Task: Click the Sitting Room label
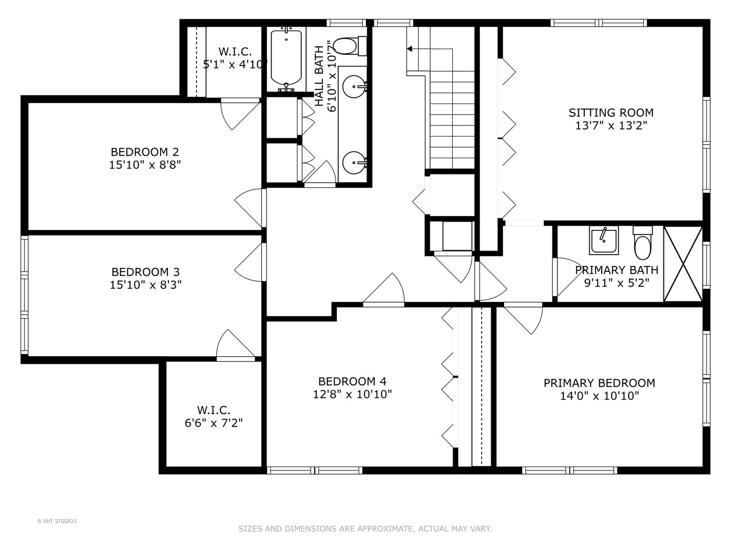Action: click(x=611, y=113)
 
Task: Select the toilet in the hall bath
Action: click(x=347, y=46)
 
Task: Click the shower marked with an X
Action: click(x=683, y=264)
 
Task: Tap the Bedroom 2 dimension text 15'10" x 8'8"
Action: click(x=145, y=165)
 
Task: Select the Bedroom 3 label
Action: click(x=145, y=272)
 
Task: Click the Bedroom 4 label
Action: click(x=352, y=382)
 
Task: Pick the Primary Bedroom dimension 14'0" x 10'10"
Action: click(x=599, y=396)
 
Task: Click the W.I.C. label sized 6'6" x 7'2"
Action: click(x=214, y=410)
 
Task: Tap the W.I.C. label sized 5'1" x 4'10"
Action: click(x=235, y=52)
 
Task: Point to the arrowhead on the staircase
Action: click(x=409, y=49)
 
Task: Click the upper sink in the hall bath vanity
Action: click(x=353, y=87)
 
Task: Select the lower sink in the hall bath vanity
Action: click(x=353, y=163)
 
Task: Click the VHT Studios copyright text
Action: click(x=57, y=521)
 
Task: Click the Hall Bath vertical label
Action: click(x=319, y=76)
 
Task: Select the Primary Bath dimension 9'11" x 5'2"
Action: click(x=617, y=283)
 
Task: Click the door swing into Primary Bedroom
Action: click(x=525, y=319)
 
